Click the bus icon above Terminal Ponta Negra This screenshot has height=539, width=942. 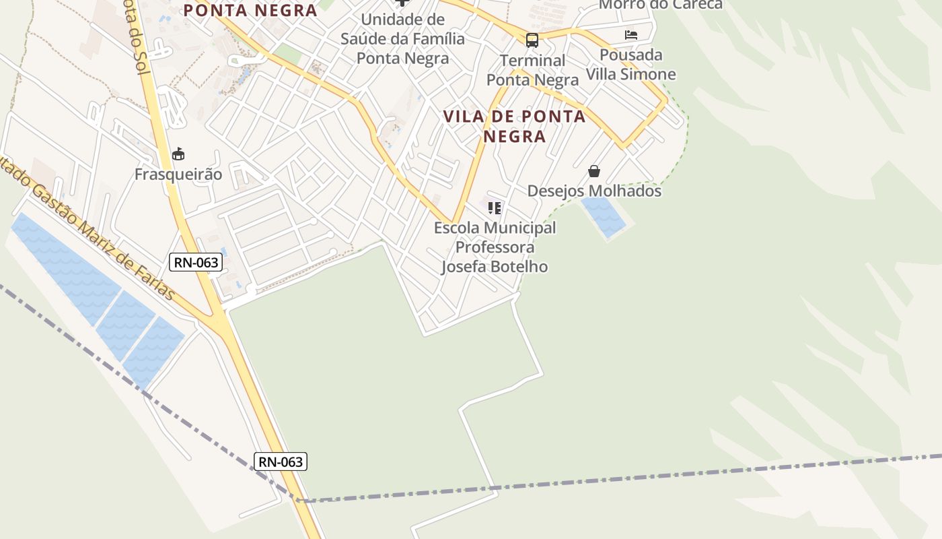[x=532, y=40]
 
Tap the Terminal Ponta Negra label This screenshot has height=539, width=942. [x=532, y=70]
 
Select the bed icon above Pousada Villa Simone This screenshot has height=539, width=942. [x=630, y=35]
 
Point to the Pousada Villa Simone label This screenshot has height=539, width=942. [x=630, y=64]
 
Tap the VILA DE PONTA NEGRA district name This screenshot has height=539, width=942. [x=515, y=126]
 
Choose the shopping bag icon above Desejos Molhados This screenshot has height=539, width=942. [x=593, y=172]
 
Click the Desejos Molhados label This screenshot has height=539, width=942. [x=594, y=191]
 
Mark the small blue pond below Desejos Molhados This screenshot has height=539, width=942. [x=604, y=216]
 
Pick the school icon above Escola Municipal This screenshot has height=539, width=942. [x=495, y=208]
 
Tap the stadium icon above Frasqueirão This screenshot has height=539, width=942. [x=178, y=155]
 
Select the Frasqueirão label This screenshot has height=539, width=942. [x=178, y=175]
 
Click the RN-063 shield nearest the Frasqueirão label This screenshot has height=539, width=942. [x=196, y=262]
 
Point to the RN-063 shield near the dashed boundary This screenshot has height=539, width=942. [x=281, y=462]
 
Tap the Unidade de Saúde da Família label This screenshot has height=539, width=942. [x=402, y=38]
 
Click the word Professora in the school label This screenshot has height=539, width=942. [x=495, y=247]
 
